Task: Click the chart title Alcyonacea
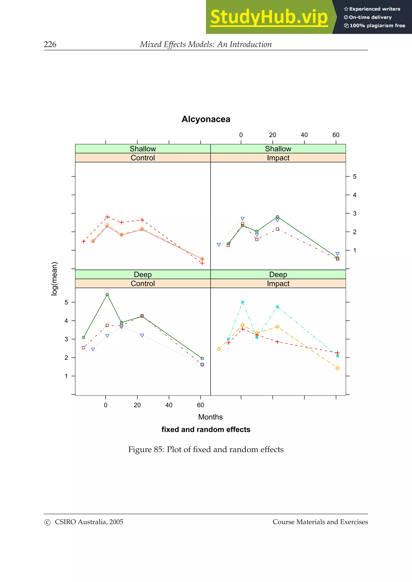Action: [x=206, y=119]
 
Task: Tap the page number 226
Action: [x=50, y=44]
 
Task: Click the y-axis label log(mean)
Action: [x=55, y=279]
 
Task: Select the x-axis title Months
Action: [x=210, y=417]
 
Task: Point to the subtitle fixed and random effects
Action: [x=206, y=430]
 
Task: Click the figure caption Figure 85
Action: [x=206, y=449]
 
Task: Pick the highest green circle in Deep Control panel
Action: [x=107, y=295]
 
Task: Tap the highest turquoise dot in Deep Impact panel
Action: [x=242, y=302]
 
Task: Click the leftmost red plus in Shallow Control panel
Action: [x=83, y=242]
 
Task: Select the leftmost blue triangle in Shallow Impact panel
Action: [x=219, y=245]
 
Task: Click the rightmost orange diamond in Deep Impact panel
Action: [x=337, y=368]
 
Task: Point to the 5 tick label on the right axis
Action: [x=355, y=176]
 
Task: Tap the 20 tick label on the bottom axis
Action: [x=137, y=405]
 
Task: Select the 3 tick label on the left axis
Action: [x=66, y=339]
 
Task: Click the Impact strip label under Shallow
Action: [x=278, y=158]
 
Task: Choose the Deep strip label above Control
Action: [x=143, y=275]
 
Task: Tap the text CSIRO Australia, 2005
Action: [x=89, y=522]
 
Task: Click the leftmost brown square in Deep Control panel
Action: [x=83, y=348]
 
